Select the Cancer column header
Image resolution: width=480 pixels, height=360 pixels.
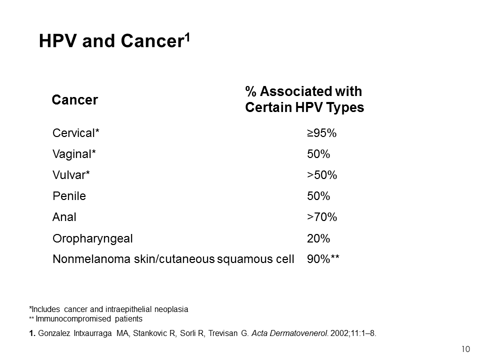[74, 100]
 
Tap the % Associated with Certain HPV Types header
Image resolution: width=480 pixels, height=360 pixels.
[304, 99]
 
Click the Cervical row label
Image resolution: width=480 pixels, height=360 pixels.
[75, 133]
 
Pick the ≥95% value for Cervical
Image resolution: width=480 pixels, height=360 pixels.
[321, 133]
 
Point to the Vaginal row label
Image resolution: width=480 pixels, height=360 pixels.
[74, 154]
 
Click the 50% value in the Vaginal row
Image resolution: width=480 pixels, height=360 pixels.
[318, 153]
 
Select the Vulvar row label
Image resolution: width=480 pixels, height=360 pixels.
[71, 175]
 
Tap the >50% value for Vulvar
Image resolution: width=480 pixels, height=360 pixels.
[322, 175]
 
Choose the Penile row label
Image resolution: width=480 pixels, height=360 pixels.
[69, 196]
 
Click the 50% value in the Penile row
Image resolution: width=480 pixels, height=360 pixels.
[318, 196]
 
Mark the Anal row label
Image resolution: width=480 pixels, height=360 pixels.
[64, 217]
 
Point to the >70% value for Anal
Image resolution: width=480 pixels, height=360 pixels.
[322, 217]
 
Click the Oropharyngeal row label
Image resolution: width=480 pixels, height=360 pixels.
[92, 239]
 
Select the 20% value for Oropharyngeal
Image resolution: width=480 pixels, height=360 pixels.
[318, 238]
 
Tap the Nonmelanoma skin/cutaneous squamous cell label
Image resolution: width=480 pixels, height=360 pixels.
[173, 259]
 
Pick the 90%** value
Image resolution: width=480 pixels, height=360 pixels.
[323, 258]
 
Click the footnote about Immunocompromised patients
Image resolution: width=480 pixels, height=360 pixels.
[85, 318]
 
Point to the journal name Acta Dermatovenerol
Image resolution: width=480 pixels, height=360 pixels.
[290, 333]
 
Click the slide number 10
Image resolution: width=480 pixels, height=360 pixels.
[465, 349]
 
